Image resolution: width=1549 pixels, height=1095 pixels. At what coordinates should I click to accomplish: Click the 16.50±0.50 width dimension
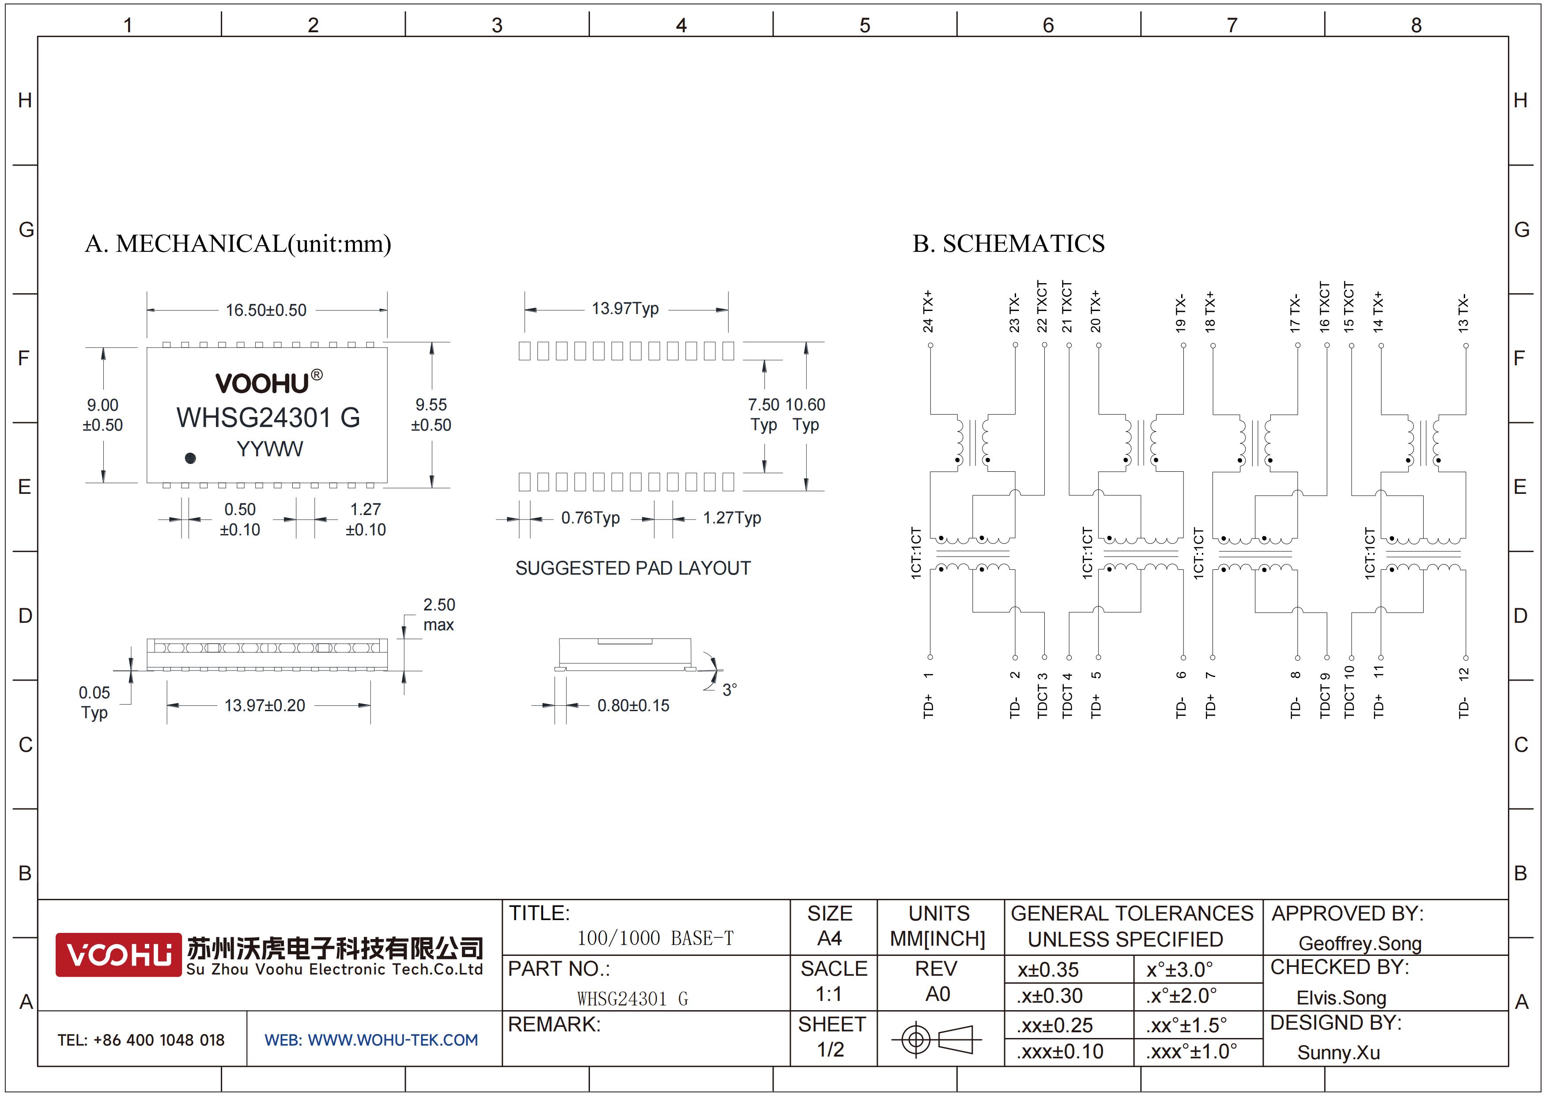pyautogui.click(x=266, y=311)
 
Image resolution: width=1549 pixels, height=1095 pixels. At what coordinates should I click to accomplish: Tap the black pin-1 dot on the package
pyautogui.click(x=190, y=458)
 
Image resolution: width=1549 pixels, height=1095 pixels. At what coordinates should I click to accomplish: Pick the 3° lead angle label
pyautogui.click(x=730, y=690)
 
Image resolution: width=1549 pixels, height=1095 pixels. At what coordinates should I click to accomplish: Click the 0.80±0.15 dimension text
pyautogui.click(x=634, y=706)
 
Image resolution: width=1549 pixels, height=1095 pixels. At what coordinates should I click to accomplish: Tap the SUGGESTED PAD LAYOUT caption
pyautogui.click(x=633, y=568)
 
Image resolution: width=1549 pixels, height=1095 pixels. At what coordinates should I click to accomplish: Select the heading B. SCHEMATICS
pyautogui.click(x=1009, y=243)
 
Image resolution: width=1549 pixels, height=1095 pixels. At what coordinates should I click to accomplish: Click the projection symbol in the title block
pyautogui.click(x=937, y=1039)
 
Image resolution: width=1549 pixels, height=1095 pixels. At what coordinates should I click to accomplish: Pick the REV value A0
pyautogui.click(x=938, y=994)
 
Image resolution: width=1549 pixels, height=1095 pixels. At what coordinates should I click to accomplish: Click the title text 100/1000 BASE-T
pyautogui.click(x=655, y=938)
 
